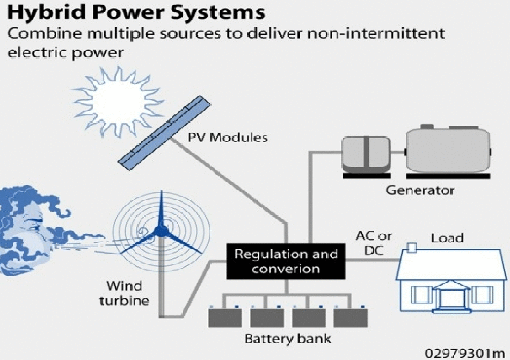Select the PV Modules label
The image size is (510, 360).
pyautogui.click(x=227, y=137)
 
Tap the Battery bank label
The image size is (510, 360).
pyautogui.click(x=288, y=339)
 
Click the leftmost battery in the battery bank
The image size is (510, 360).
pyautogui.click(x=225, y=318)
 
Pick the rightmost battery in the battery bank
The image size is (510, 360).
pyautogui.click(x=351, y=318)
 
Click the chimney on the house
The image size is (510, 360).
pyautogui.click(x=412, y=248)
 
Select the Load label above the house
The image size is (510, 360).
pyautogui.click(x=448, y=237)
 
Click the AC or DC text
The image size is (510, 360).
pyautogui.click(x=374, y=243)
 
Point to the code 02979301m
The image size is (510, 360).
pyautogui.click(x=465, y=353)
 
